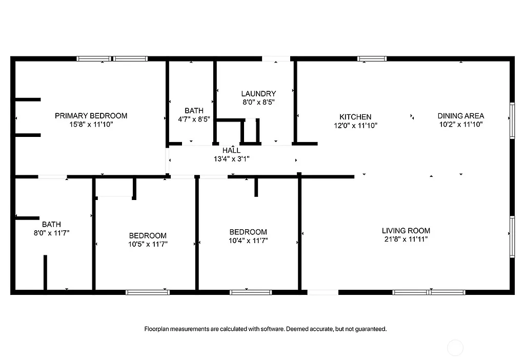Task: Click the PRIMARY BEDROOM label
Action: (x=91, y=115)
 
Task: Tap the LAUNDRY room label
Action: (x=258, y=93)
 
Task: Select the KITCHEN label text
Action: (x=355, y=116)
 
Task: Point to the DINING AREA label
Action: (x=460, y=115)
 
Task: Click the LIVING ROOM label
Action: (x=406, y=230)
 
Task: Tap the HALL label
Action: (x=231, y=150)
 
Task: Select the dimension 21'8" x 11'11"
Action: (x=406, y=239)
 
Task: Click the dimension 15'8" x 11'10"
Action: (x=91, y=124)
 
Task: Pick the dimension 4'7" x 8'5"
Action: (x=194, y=119)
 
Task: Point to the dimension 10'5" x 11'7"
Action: (x=148, y=244)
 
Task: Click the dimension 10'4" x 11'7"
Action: (x=248, y=240)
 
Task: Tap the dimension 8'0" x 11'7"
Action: (x=51, y=233)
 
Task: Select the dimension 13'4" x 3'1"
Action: (x=231, y=158)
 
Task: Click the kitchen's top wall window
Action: (x=372, y=58)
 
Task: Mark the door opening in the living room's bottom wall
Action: (x=323, y=292)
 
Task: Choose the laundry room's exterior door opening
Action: (x=276, y=58)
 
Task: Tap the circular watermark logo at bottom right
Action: (x=455, y=348)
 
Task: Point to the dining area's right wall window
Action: (x=512, y=121)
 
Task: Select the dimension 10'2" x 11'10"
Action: (x=460, y=124)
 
